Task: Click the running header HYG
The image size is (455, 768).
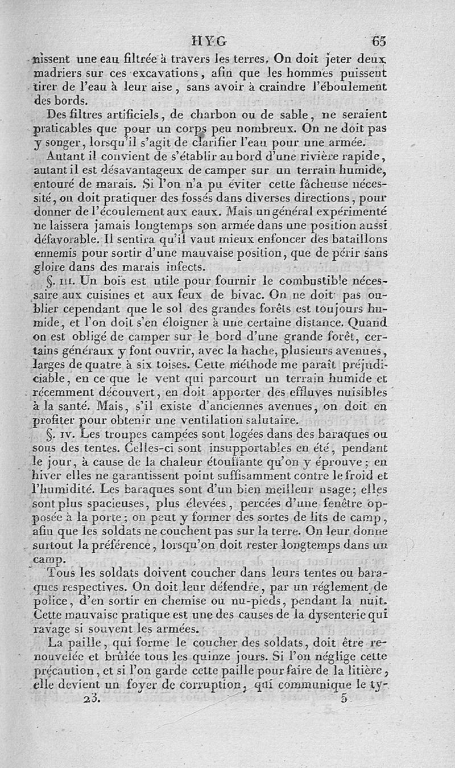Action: click(x=210, y=40)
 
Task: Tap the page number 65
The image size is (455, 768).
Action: click(x=379, y=40)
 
